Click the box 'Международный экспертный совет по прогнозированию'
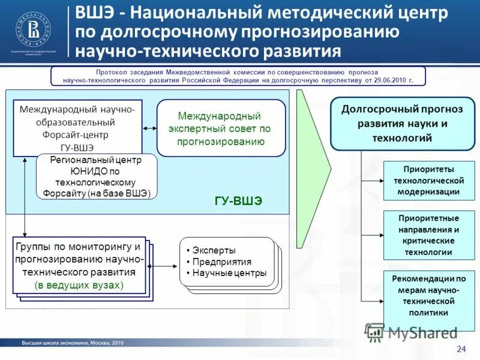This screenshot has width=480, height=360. (x=221, y=128)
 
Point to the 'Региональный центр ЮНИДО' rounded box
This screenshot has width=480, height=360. (x=97, y=176)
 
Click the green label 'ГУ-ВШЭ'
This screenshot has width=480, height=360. (x=238, y=200)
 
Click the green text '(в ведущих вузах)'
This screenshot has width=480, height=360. (x=79, y=284)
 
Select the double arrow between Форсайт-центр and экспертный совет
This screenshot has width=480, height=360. (x=150, y=128)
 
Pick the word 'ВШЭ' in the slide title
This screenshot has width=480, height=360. (x=96, y=12)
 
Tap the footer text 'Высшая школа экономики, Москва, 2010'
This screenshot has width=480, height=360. (x=73, y=343)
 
